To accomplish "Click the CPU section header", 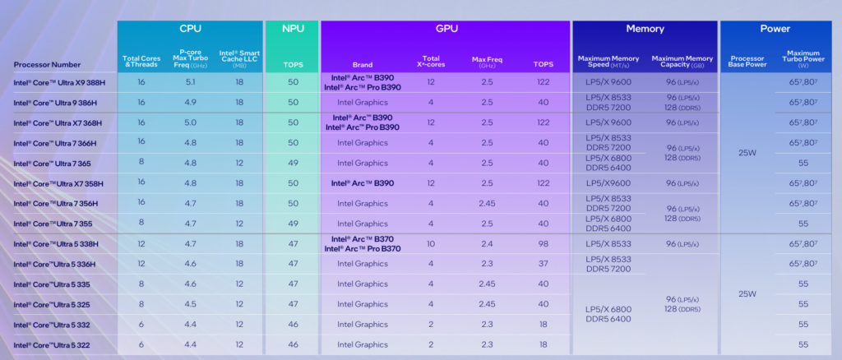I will (190, 29).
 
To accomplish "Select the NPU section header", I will (292, 29).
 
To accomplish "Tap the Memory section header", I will (645, 29).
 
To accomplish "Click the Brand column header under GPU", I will (363, 64).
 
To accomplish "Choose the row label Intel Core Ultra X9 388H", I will (58, 82).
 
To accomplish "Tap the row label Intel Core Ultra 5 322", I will (52, 344).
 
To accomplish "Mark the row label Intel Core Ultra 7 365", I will (52, 163).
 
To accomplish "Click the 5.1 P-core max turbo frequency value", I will (190, 82).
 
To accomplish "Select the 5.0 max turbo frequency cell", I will (190, 122).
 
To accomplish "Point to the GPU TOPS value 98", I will (542, 243).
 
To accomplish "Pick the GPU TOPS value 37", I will (542, 264).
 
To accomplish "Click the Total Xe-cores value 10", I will (431, 243).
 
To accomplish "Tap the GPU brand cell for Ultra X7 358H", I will (363, 182).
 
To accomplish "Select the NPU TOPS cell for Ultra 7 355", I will (292, 223).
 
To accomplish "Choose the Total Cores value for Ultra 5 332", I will (141, 324).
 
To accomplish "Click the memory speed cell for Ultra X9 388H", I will (609, 82).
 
